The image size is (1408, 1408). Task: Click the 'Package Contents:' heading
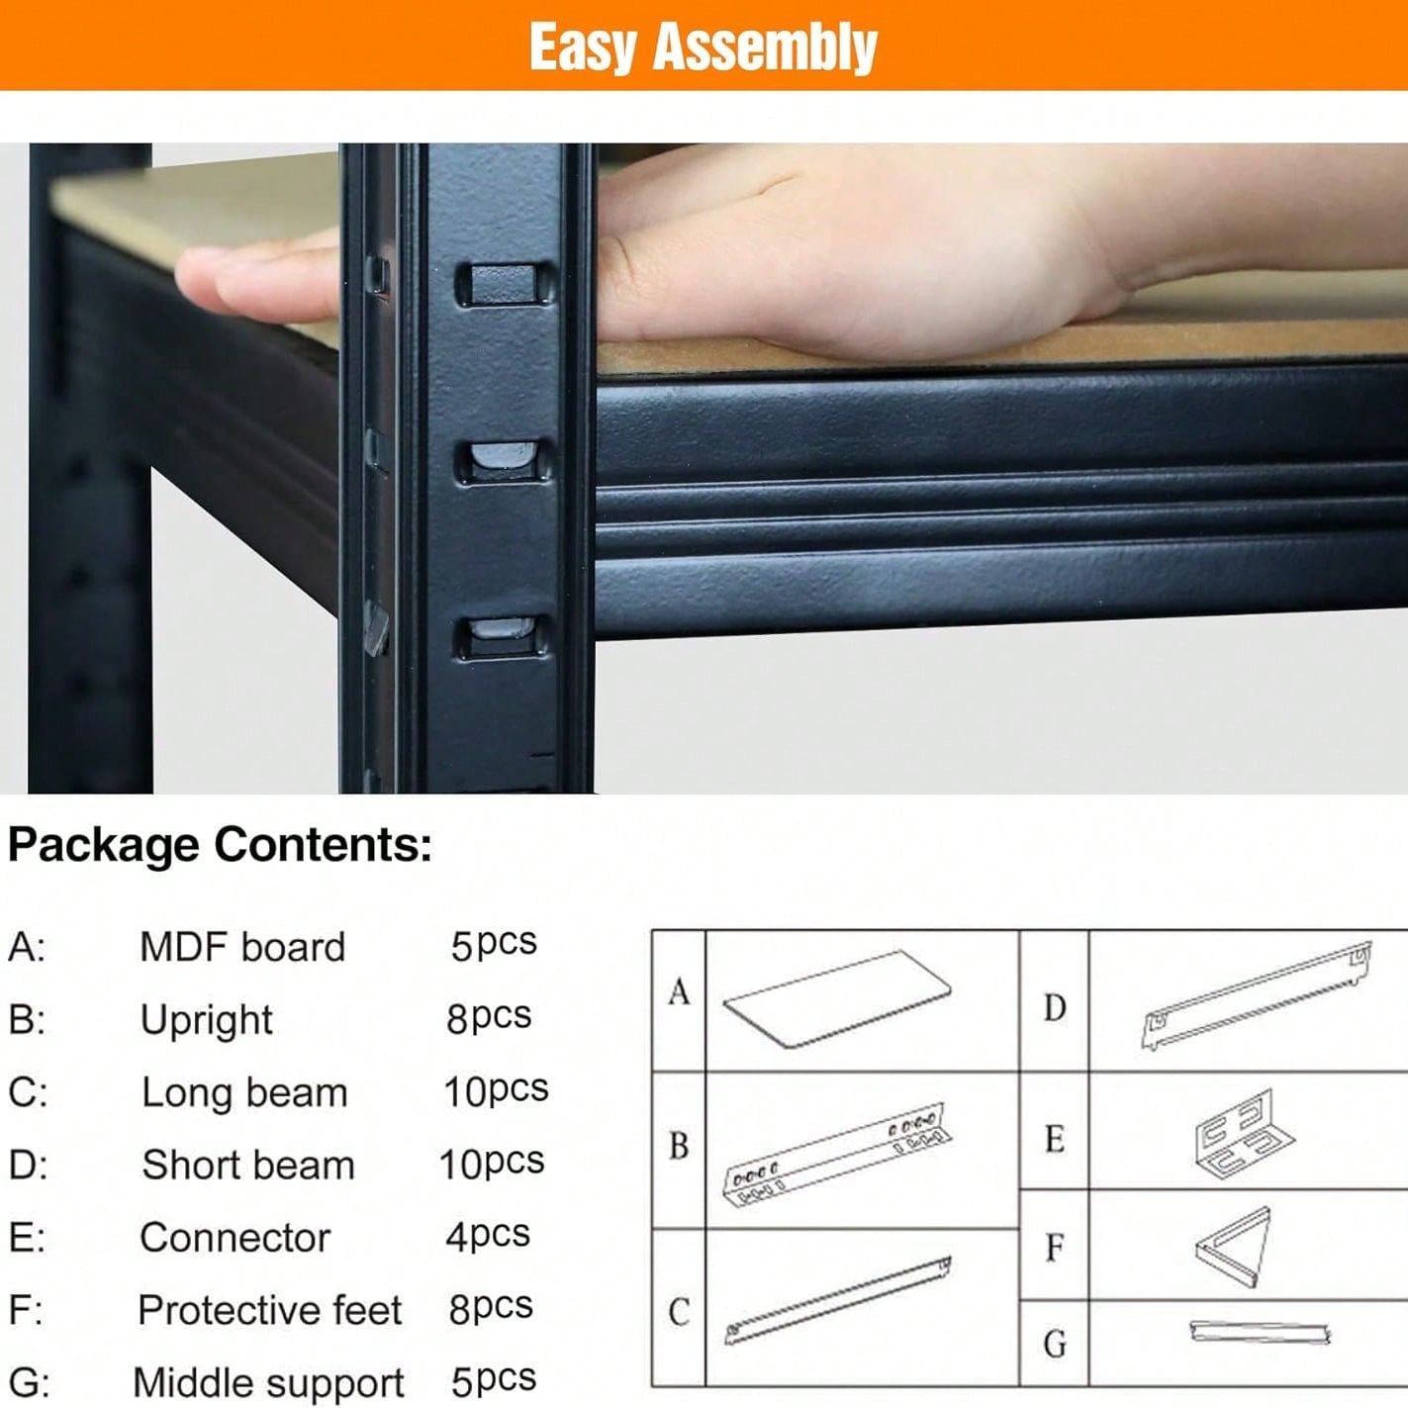(220, 846)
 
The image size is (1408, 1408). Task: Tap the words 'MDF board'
(242, 948)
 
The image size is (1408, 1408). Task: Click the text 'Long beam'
(244, 1093)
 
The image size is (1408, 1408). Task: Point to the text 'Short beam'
(248, 1165)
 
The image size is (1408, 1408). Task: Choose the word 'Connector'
(235, 1238)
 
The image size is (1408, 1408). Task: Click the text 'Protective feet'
(269, 1310)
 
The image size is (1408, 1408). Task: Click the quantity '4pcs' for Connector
(488, 1236)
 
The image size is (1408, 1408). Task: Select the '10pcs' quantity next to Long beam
(496, 1091)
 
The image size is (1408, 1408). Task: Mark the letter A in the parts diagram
(679, 992)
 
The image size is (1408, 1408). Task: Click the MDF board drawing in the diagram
(837, 999)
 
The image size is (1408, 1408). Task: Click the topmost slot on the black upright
(504, 285)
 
